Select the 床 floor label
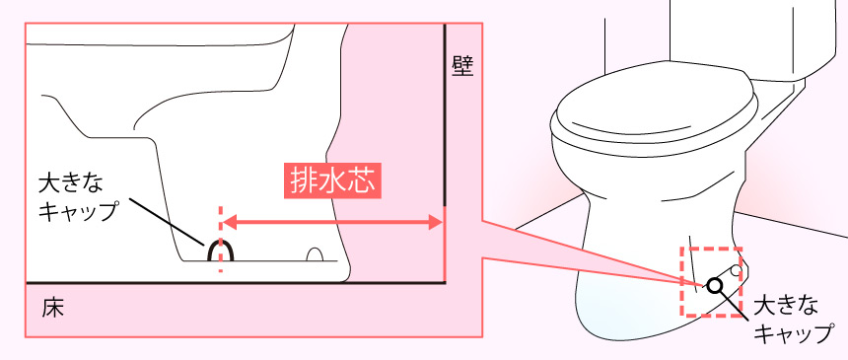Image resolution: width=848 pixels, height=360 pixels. coord(52,308)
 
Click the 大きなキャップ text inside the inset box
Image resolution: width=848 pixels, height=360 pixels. coord(78,195)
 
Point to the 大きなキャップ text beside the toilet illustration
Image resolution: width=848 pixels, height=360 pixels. coord(793,320)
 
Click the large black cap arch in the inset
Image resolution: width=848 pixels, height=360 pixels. coord(221,241)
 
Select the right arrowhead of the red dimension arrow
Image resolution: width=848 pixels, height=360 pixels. coord(436,222)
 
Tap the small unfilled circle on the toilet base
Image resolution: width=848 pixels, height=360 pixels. coord(737,270)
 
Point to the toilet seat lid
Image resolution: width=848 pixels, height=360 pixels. coord(655,103)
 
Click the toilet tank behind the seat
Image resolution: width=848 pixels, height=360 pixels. coord(757,37)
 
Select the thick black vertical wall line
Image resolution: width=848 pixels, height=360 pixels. coord(445,114)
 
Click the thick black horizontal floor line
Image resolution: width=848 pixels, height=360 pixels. coord(236,283)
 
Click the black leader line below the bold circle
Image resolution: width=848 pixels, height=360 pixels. coord(731,303)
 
